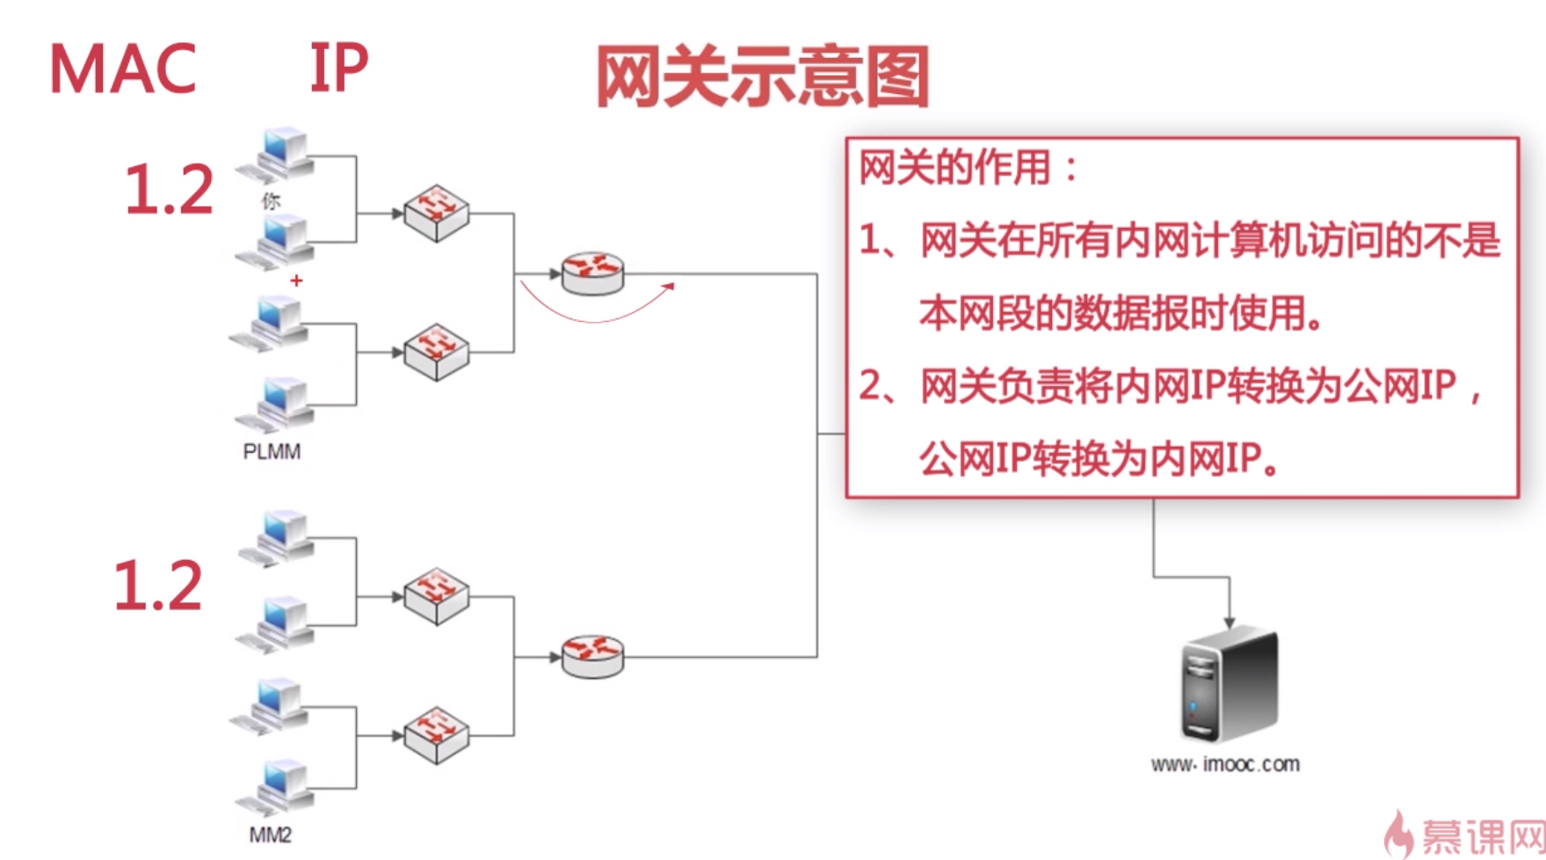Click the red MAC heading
point(122,69)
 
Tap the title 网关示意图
point(762,77)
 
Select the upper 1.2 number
point(169,189)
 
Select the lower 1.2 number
point(158,586)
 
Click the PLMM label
point(272,451)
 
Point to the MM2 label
point(270,834)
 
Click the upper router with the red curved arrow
point(592,273)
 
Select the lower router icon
point(592,656)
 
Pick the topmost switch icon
point(436,213)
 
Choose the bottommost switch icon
point(436,735)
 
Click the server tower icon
point(1228,685)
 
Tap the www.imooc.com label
point(1225,764)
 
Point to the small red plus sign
point(296,281)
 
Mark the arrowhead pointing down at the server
point(1229,622)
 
